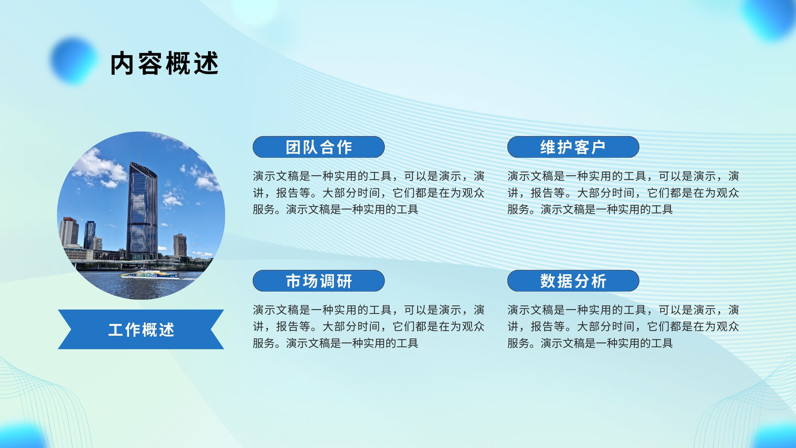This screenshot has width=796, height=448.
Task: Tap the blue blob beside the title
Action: pyautogui.click(x=74, y=60)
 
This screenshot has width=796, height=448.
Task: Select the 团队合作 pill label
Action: pyautogui.click(x=318, y=147)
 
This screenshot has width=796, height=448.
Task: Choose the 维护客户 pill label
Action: pyautogui.click(x=573, y=147)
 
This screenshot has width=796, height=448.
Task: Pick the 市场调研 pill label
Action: pyautogui.click(x=318, y=281)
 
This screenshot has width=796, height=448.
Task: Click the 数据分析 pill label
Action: pyautogui.click(x=573, y=281)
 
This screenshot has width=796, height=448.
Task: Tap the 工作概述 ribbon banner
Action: pyautogui.click(x=141, y=329)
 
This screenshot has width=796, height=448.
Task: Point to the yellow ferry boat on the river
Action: pyautogui.click(x=151, y=275)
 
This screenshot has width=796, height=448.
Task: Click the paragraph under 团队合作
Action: pyautogui.click(x=369, y=192)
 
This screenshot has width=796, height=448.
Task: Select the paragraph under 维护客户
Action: pyautogui.click(x=623, y=192)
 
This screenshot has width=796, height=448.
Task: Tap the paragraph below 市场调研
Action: pyautogui.click(x=369, y=327)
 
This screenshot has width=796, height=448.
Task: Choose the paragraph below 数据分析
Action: pyautogui.click(x=623, y=327)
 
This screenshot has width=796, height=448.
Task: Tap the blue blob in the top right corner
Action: pyautogui.click(x=771, y=18)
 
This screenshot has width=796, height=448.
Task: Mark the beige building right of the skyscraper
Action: pyautogui.click(x=180, y=245)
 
